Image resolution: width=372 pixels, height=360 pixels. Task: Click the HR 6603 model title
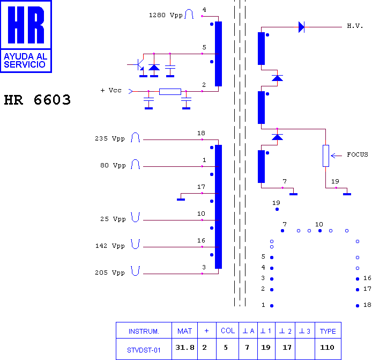click(37, 100)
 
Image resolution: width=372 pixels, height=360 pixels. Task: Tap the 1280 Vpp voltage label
click(166, 16)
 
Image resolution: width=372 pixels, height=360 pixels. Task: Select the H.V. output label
click(355, 26)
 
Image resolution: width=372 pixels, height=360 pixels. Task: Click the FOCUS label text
click(358, 155)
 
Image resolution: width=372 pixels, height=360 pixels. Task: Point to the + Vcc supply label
click(111, 90)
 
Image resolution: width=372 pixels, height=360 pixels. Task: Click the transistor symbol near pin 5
click(139, 64)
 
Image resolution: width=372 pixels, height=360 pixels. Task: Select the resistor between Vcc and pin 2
click(170, 91)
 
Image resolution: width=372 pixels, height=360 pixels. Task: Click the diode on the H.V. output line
click(301, 27)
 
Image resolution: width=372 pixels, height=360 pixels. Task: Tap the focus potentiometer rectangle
click(326, 156)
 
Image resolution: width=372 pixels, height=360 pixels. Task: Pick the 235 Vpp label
click(110, 138)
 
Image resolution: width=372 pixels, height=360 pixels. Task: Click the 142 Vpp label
click(110, 246)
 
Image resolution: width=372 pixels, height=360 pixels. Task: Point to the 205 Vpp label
click(110, 273)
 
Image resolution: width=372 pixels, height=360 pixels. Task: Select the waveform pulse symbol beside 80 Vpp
click(135, 164)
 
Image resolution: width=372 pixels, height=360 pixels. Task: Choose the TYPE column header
click(328, 331)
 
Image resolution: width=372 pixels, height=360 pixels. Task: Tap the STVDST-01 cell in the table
click(144, 350)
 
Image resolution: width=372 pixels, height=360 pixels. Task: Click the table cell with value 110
click(327, 348)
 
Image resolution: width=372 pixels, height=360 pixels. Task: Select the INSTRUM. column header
click(144, 331)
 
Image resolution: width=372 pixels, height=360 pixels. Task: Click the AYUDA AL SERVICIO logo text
click(25, 60)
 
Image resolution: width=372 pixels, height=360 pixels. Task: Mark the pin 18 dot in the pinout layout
click(358, 306)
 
